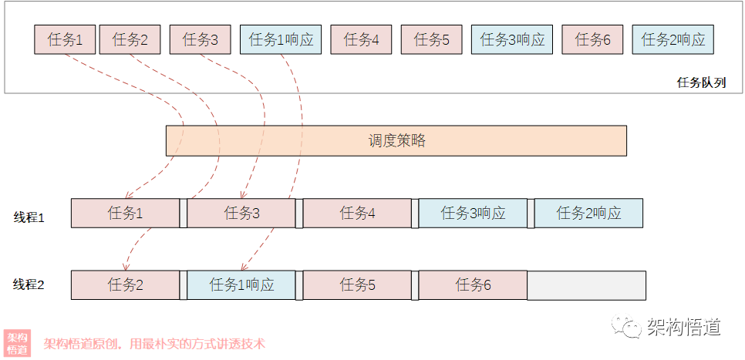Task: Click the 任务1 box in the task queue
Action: pos(65,40)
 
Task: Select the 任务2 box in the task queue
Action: pos(130,40)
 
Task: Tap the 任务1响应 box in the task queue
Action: pos(281,40)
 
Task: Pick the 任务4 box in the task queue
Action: pos(361,40)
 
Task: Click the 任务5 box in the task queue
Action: pos(431,40)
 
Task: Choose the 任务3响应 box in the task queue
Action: pos(512,40)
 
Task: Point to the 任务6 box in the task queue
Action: pos(592,40)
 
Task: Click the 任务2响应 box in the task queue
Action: pos(673,40)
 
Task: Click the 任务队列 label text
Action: pos(701,82)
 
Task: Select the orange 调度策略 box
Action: pos(396,141)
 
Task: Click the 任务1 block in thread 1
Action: pos(125,214)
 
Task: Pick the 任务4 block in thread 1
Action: pos(357,214)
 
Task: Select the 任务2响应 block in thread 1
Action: pos(588,214)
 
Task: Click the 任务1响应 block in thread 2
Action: pos(241,285)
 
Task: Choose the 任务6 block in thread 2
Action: pos(473,285)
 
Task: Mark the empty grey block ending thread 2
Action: pos(586,285)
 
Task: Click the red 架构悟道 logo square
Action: pos(17,343)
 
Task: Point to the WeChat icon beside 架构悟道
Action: pos(626,328)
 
